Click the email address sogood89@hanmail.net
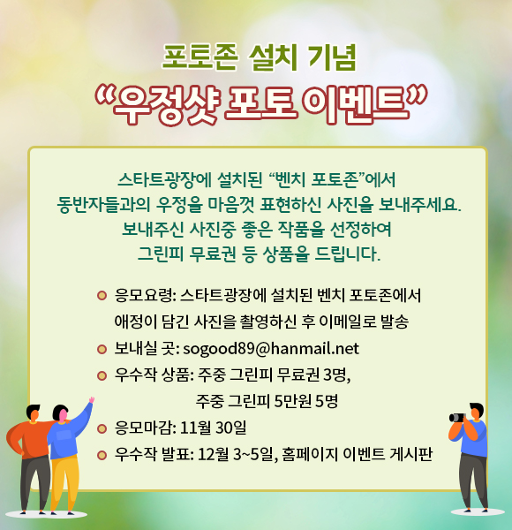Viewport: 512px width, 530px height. [271, 349]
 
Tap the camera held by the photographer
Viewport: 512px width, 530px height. [457, 418]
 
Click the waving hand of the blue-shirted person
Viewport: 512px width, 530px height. [91, 400]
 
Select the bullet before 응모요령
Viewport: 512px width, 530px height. [102, 296]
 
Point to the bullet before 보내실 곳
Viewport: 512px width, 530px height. [102, 349]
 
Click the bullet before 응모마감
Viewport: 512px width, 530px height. [102, 428]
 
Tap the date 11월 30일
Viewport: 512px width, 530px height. [213, 428]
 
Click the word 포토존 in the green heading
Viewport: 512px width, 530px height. [200, 57]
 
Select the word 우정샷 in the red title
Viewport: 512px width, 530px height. [165, 104]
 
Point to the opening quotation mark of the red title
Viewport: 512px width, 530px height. [103, 95]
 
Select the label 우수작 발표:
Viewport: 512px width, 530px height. [154, 455]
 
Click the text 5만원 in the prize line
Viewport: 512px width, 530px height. [292, 402]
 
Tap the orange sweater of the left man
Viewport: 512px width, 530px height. [29, 439]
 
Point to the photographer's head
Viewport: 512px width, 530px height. [477, 411]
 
